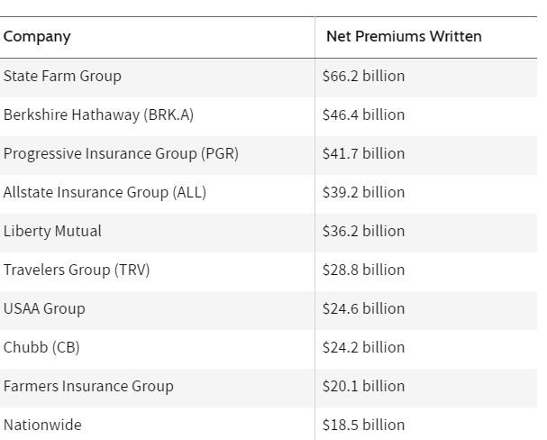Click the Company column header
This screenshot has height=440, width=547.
[x=37, y=37]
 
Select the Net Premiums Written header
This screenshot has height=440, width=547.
[x=404, y=37]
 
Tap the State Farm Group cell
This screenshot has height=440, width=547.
[x=62, y=76]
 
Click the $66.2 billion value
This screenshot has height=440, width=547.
[x=363, y=76]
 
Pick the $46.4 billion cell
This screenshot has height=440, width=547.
[x=363, y=115]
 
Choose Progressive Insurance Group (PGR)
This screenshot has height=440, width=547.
[x=121, y=153]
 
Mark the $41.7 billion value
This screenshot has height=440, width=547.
[x=363, y=153]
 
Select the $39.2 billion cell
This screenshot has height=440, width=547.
[x=363, y=192]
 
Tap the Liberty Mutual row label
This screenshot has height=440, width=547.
[x=52, y=231]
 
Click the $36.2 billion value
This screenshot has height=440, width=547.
[x=363, y=231]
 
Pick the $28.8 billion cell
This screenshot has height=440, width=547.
[x=363, y=270]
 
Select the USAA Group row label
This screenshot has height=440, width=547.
[x=44, y=308]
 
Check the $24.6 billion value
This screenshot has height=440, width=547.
[x=363, y=308]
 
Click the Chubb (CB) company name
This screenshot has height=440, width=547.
[x=41, y=347]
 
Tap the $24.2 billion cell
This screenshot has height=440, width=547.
[x=363, y=347]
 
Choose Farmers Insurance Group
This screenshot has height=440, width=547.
[x=88, y=386]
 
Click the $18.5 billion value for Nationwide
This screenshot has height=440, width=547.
[x=363, y=425]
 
